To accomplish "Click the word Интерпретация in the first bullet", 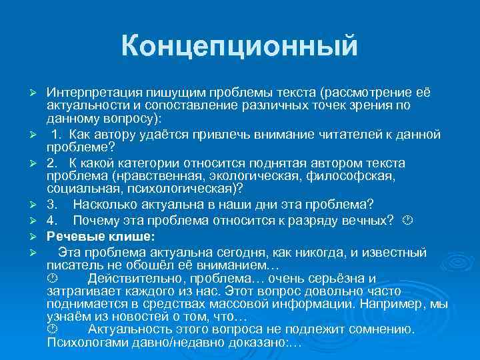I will [88, 91].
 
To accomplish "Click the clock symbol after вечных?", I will [408, 220].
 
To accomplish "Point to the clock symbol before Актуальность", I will [53, 330].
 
